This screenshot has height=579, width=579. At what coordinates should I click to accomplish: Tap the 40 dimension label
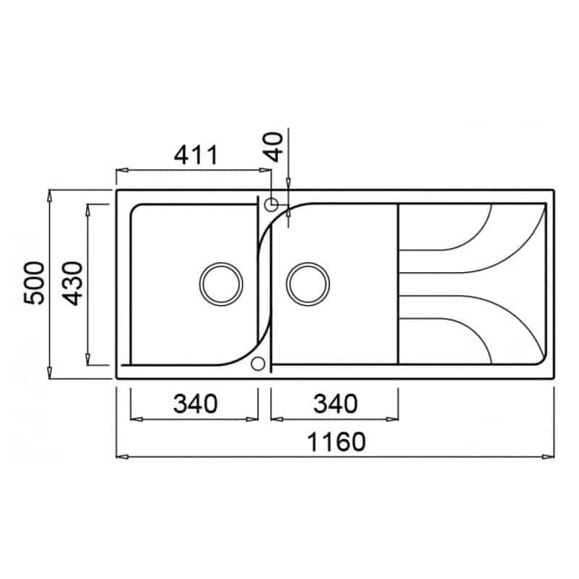[x=274, y=147]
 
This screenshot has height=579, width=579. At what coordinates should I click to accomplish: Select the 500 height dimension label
[x=33, y=283]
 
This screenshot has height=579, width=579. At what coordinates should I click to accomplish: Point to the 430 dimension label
[x=73, y=283]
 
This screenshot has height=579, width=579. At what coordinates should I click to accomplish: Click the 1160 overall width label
[x=337, y=442]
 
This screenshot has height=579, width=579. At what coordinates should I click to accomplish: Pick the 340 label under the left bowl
[x=195, y=404]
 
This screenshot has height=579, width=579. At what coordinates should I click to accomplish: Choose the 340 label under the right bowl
[x=335, y=404]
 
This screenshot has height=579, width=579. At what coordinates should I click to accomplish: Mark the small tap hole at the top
[x=271, y=204]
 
